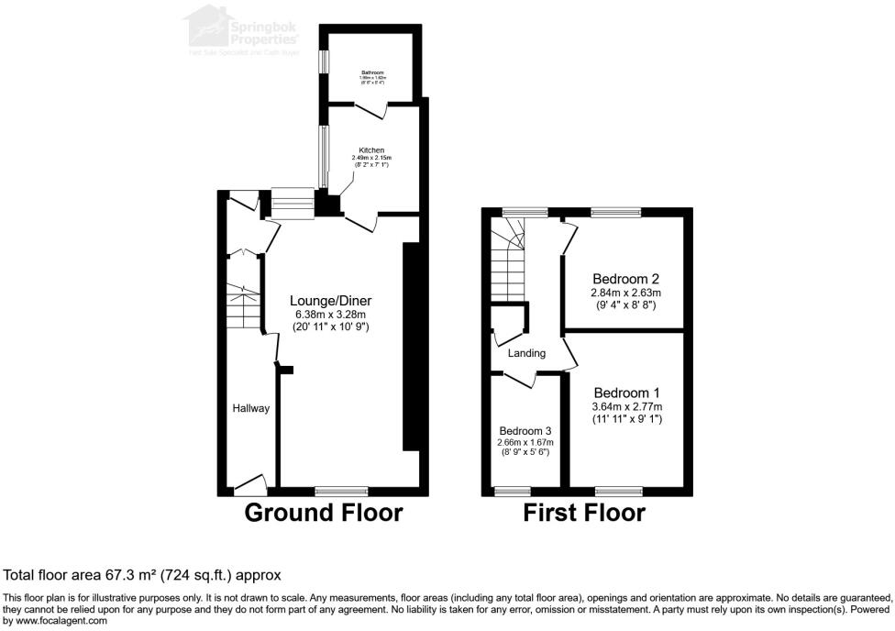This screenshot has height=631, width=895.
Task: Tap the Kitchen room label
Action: [x=371, y=149]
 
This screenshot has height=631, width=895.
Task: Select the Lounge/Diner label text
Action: [x=331, y=301]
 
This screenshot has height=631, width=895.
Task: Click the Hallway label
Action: [x=250, y=408]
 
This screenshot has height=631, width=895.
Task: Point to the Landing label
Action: [x=526, y=353]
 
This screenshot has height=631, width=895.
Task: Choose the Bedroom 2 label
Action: [x=626, y=278]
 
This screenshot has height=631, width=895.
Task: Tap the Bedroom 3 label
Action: [x=525, y=431]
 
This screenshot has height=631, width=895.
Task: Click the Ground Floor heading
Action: [x=323, y=513]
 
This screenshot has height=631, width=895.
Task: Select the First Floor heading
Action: [x=584, y=513]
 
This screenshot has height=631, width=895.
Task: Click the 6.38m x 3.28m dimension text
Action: [x=331, y=314]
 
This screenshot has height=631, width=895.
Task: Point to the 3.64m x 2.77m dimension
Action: [x=626, y=406]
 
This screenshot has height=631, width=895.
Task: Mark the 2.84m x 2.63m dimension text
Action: [x=626, y=293]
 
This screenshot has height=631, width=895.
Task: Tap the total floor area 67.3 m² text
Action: [x=142, y=575]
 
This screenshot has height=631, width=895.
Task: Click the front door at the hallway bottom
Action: [x=250, y=483]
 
